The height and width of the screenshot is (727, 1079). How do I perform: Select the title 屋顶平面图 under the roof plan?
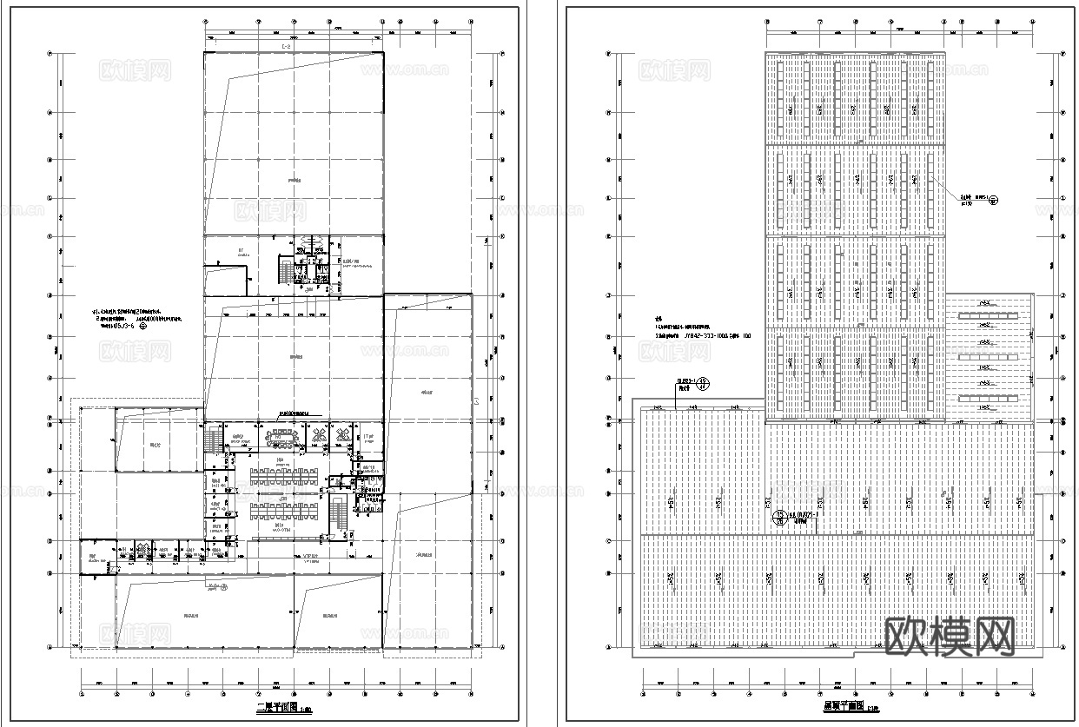pos(843,707)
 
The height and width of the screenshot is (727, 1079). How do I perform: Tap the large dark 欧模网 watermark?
pos(950,638)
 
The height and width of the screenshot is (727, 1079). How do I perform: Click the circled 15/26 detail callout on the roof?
pos(780,518)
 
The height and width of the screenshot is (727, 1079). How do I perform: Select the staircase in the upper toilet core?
pos(285,268)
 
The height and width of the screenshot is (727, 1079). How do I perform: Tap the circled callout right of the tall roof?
pos(995,199)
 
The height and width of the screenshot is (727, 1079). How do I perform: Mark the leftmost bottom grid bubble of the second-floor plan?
pos(82,695)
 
